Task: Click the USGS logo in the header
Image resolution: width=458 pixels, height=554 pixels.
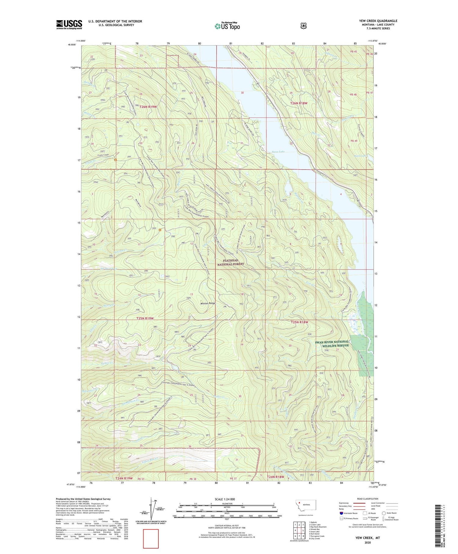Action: tap(69, 24)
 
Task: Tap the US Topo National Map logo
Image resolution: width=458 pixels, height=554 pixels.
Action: tap(227, 26)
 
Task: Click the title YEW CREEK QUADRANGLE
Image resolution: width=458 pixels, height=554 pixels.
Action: tap(378, 21)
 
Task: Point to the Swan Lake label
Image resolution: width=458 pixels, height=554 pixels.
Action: tap(278, 152)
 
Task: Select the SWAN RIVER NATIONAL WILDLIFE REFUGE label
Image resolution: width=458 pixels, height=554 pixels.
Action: tap(332, 343)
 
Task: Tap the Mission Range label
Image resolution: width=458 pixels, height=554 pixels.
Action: tap(208, 303)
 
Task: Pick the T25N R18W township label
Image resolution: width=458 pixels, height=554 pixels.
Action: tap(299, 322)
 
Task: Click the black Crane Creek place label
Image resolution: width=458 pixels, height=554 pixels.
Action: tap(103, 155)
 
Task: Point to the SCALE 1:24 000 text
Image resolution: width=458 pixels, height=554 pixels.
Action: tap(225, 499)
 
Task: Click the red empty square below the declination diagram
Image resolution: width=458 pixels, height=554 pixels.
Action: tap(151, 538)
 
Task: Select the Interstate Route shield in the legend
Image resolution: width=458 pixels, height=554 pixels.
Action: tap(341, 513)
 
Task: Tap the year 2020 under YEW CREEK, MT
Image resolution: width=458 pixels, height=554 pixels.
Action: tap(367, 542)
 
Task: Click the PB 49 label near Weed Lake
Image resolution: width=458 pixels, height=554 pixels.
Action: tap(354, 141)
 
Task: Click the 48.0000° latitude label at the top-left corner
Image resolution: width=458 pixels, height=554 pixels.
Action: tap(71, 44)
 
